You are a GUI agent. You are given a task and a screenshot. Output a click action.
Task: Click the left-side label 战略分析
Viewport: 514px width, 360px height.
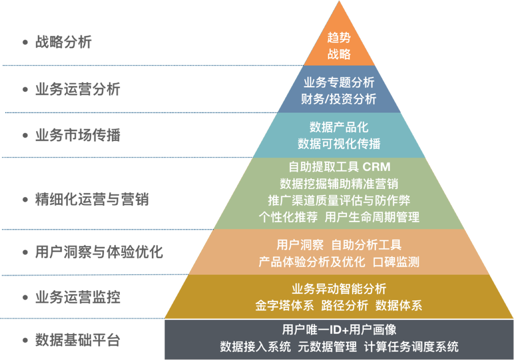point(63,42)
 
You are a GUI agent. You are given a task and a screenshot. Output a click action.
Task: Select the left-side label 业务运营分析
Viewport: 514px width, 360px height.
point(77,89)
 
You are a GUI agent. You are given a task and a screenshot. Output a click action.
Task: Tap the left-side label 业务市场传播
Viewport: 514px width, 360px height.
point(77,135)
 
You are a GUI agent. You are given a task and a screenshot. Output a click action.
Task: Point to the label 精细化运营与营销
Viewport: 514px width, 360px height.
point(92,200)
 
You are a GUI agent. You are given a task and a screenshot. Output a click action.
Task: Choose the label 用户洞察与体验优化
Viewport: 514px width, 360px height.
point(99,252)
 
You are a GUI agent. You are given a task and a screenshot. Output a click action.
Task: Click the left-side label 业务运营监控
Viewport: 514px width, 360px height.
point(77,297)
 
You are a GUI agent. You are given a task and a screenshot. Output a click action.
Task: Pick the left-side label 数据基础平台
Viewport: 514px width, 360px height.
point(77,340)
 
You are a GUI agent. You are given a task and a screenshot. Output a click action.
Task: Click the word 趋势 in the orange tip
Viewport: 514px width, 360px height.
point(339,37)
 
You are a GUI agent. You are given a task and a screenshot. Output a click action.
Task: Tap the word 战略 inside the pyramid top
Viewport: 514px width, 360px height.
point(339,54)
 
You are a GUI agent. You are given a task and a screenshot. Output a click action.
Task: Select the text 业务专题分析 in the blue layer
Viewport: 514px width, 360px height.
point(339,82)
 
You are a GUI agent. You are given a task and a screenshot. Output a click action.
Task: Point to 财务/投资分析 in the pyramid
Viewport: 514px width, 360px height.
point(339,99)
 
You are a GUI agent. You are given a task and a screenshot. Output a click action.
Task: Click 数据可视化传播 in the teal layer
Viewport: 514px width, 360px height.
point(339,144)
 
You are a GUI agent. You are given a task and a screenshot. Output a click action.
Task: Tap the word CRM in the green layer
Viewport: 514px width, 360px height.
point(376,167)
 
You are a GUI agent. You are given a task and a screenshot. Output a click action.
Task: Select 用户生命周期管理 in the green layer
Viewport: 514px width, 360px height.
point(372,217)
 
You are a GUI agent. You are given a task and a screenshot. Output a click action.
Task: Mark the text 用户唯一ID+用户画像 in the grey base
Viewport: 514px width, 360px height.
point(339,330)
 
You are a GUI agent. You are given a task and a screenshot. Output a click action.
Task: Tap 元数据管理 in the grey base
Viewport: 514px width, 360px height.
point(327,347)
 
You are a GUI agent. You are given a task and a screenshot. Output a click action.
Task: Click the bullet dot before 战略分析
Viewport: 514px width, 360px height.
point(25,43)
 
